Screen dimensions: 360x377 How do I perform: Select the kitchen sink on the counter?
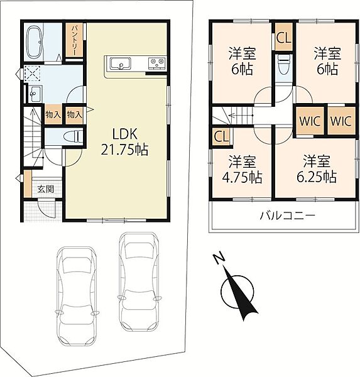click(x=120, y=63)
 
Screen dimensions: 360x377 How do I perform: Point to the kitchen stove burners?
click(x=157, y=63)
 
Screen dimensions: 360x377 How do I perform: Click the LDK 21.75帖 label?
click(x=124, y=142)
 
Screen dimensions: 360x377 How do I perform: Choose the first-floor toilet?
click(x=73, y=137)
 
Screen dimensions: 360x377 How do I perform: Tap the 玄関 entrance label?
click(x=46, y=189)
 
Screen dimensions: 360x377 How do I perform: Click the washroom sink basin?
click(x=35, y=93)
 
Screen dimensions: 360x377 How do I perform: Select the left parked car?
click(x=76, y=297)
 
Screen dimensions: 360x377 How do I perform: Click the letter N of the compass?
click(x=219, y=258)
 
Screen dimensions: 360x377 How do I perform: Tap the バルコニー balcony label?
click(x=287, y=216)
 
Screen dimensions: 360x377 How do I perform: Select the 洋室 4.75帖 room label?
click(x=242, y=169)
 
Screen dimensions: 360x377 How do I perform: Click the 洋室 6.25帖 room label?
click(x=316, y=169)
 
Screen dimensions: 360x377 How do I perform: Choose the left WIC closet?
click(x=310, y=121)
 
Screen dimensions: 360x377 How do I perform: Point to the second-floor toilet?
click(x=284, y=65)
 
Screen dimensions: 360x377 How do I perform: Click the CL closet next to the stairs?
click(x=221, y=136)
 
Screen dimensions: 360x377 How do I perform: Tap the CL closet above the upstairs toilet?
click(x=284, y=37)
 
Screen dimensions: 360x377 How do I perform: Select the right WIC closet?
click(x=341, y=121)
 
